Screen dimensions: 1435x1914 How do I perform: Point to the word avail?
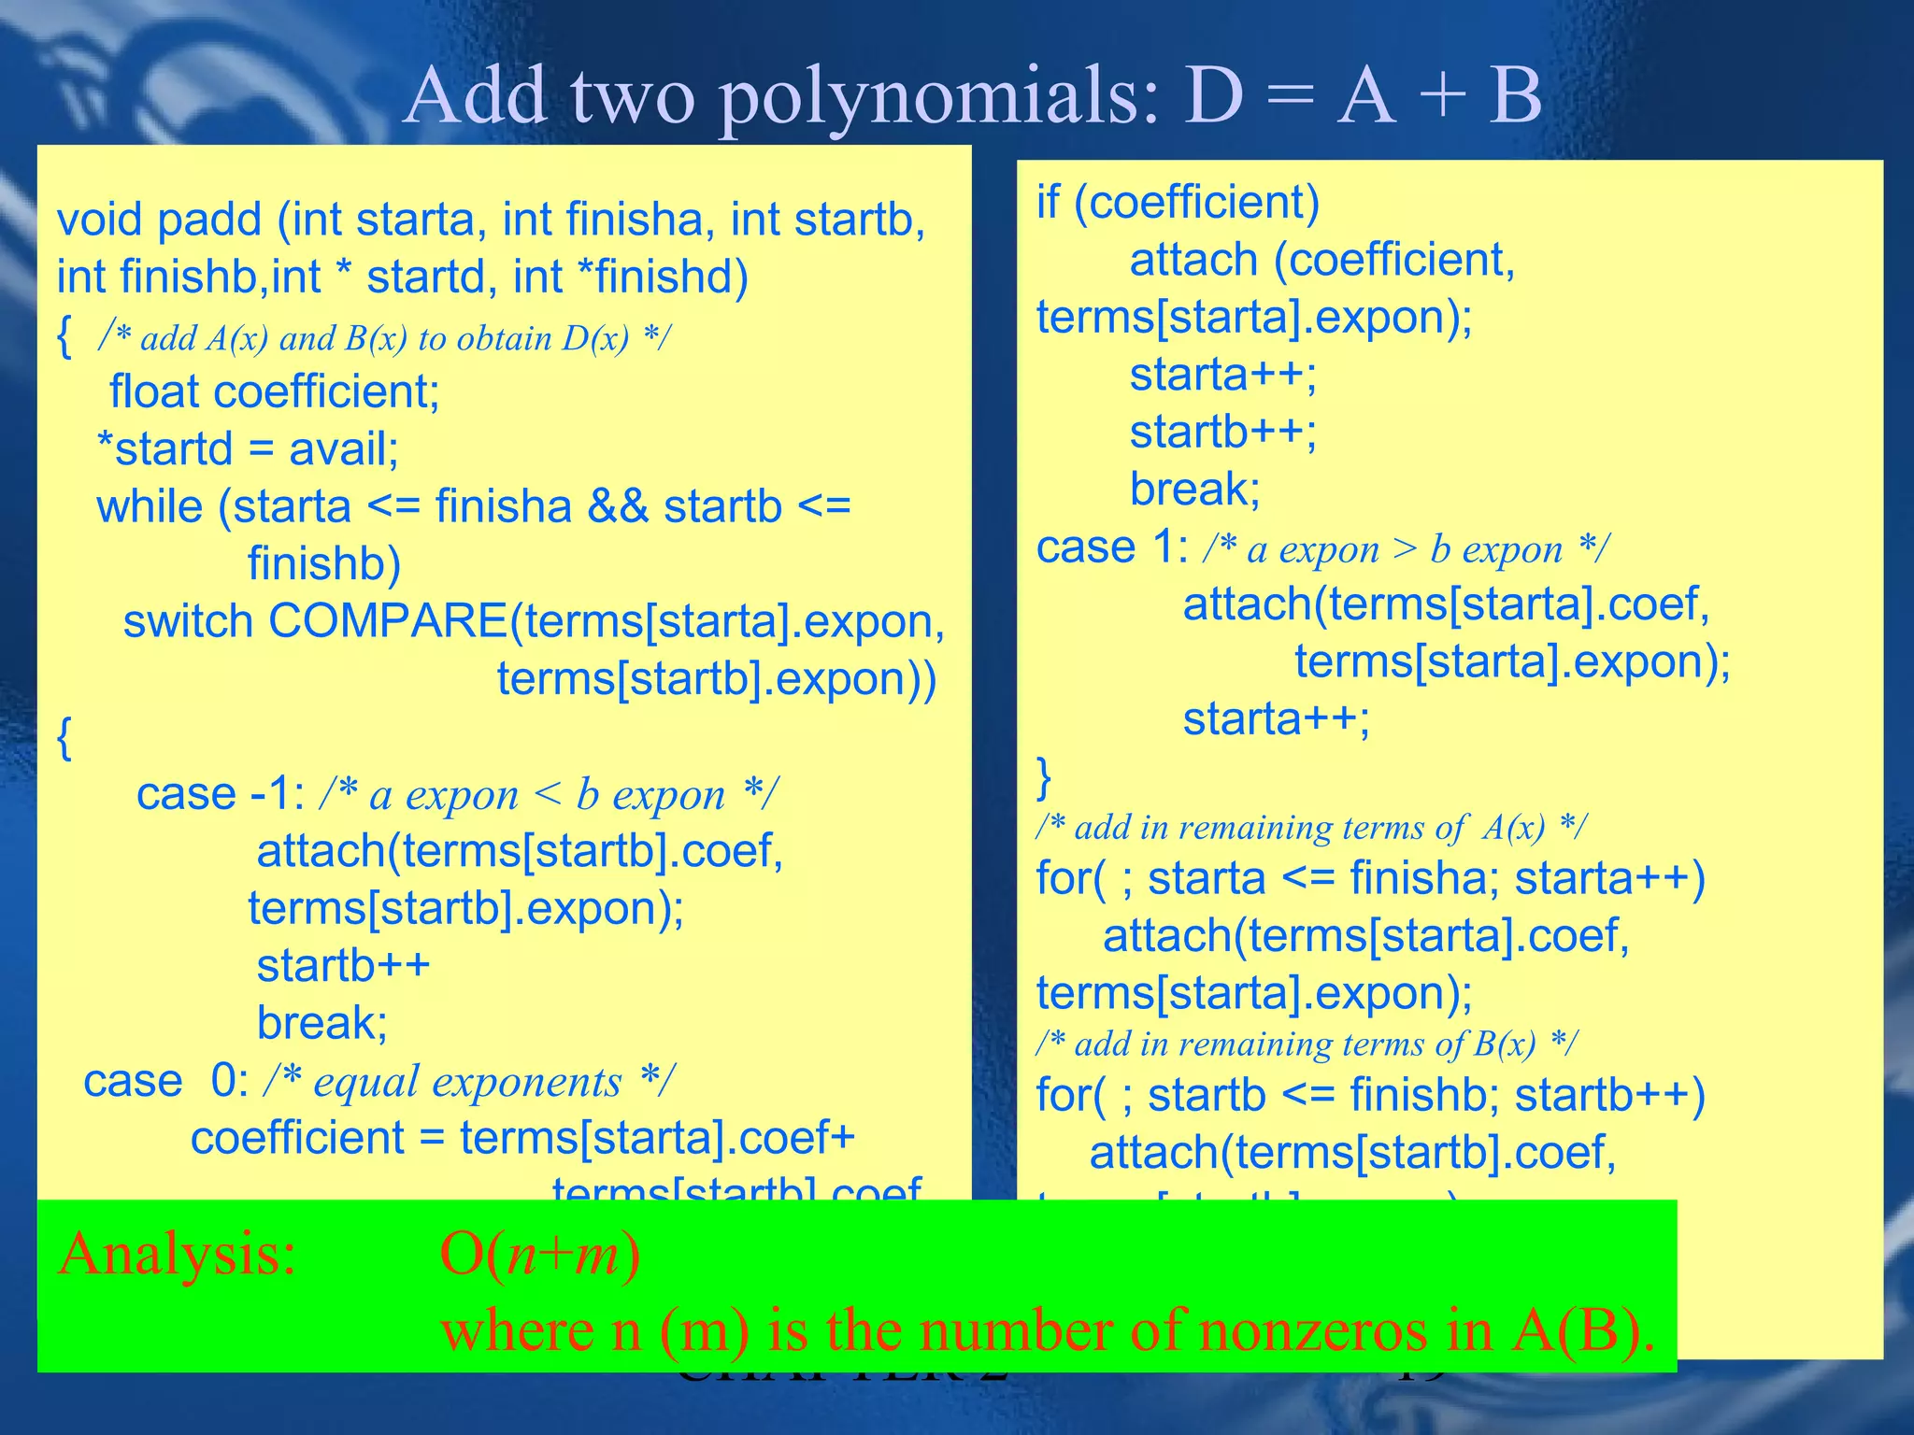coord(343,449)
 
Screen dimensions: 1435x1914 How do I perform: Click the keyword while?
coord(150,507)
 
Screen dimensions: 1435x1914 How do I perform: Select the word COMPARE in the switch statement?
coord(388,621)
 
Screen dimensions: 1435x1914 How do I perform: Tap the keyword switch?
coord(188,622)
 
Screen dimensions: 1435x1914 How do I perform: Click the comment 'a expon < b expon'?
coord(548,795)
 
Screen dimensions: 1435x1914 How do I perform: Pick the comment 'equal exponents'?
coord(468,1082)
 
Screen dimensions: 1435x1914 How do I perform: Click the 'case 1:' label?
coord(1111,547)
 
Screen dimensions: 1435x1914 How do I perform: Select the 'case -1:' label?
coord(220,795)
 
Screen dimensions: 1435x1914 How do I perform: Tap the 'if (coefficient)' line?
coord(1178,203)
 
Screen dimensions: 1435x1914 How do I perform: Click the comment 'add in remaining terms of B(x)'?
coord(1307,1044)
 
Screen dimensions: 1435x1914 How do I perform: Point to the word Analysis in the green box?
coord(177,1254)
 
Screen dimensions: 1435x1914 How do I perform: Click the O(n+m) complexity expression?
coord(539,1254)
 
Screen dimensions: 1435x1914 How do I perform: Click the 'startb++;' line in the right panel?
coord(1222,433)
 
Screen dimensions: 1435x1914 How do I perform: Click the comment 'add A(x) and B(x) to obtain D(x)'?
coord(384,338)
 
